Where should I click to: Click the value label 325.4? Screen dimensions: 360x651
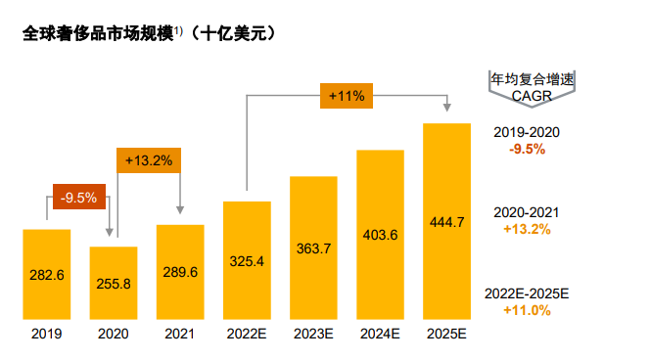click(247, 261)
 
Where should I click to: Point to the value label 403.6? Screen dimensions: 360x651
click(380, 235)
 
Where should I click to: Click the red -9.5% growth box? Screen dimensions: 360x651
click(77, 198)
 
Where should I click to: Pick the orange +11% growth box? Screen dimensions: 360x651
click(347, 96)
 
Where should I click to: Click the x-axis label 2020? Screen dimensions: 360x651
click(114, 335)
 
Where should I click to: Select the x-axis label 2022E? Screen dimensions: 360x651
click(247, 335)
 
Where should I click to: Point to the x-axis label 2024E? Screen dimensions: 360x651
click(380, 335)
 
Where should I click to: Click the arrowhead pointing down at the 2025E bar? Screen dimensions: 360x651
click(447, 109)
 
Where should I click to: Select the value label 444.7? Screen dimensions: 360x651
click(447, 221)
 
